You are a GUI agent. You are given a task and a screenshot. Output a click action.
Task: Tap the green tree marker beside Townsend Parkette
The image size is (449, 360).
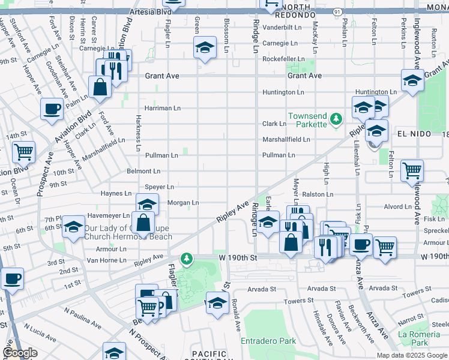click(x=337, y=120)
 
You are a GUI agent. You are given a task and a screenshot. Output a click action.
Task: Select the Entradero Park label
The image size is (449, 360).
click(x=268, y=341)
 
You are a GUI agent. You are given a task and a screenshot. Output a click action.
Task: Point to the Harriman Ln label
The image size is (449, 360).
click(x=162, y=108)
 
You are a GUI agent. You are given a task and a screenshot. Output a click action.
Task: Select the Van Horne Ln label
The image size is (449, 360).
click(x=106, y=260)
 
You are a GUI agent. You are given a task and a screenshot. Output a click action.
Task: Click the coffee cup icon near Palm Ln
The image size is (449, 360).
click(x=52, y=109)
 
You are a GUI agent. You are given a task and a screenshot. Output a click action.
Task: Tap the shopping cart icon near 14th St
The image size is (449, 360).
click(x=23, y=152)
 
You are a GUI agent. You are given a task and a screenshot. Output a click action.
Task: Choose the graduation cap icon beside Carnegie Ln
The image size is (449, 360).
click(x=204, y=47)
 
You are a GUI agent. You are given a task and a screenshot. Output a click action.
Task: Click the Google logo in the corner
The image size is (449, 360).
click(x=20, y=353)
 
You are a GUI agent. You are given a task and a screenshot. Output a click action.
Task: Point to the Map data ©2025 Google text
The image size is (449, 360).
click(x=412, y=355)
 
